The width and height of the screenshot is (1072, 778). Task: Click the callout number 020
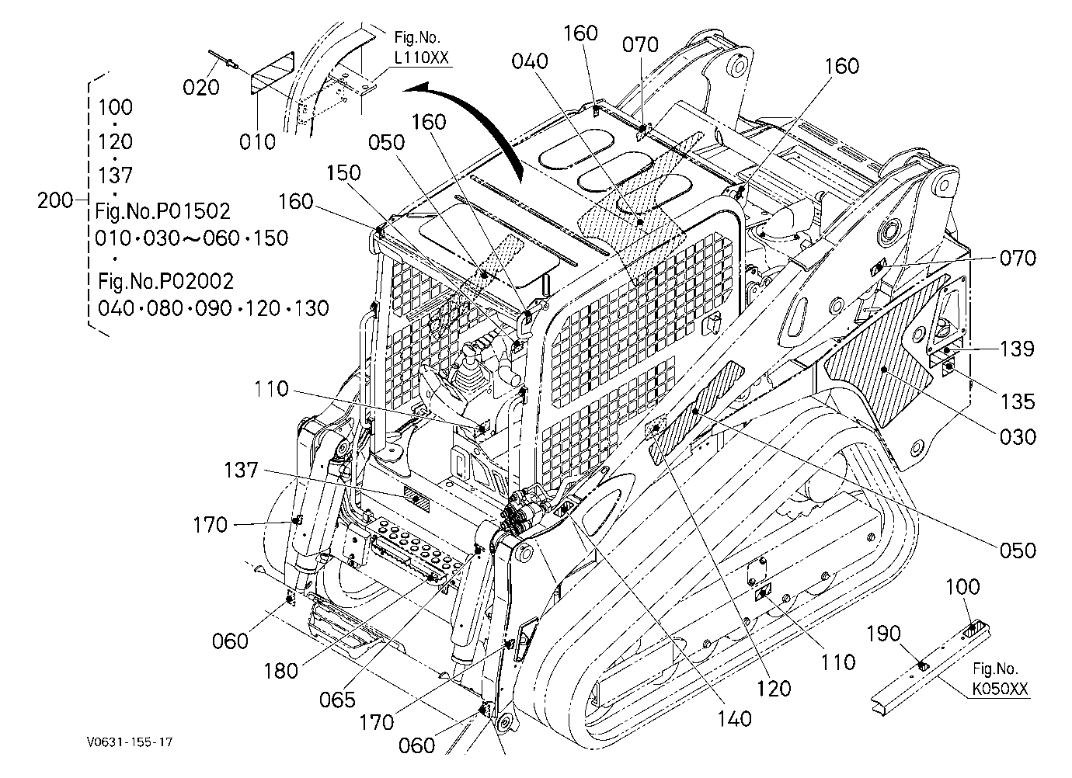tap(201, 88)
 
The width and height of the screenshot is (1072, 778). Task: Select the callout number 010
tap(257, 141)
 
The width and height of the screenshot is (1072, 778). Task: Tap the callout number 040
tap(530, 61)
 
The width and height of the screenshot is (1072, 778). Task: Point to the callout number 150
tap(343, 172)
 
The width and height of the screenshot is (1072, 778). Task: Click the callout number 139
tap(1018, 349)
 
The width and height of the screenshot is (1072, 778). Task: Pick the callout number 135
tap(1018, 401)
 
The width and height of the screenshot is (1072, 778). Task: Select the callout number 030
tap(1018, 437)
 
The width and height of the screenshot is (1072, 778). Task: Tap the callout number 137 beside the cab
tap(241, 471)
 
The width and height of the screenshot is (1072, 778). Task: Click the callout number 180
tap(281, 672)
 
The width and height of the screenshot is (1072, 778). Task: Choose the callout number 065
tap(337, 700)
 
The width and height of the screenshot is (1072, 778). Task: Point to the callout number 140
tap(734, 719)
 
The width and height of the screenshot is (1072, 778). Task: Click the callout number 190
tap(883, 634)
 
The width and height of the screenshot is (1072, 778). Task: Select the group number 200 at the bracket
tap(55, 200)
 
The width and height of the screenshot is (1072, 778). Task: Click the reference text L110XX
tap(422, 58)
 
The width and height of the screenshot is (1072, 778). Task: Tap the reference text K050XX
tap(1000, 689)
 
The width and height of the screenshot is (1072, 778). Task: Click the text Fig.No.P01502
tap(162, 211)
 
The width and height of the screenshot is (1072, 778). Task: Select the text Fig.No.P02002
tap(165, 281)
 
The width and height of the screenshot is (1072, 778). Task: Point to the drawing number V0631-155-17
tap(130, 742)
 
